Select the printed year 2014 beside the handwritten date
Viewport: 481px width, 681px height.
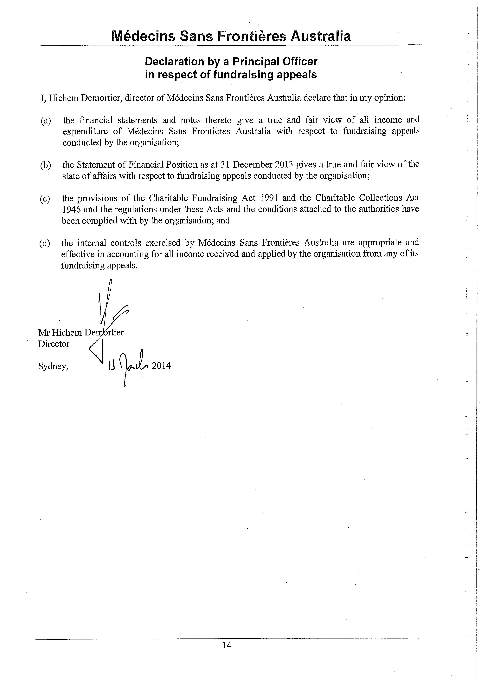click(161, 366)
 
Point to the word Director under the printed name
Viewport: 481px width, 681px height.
click(54, 344)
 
